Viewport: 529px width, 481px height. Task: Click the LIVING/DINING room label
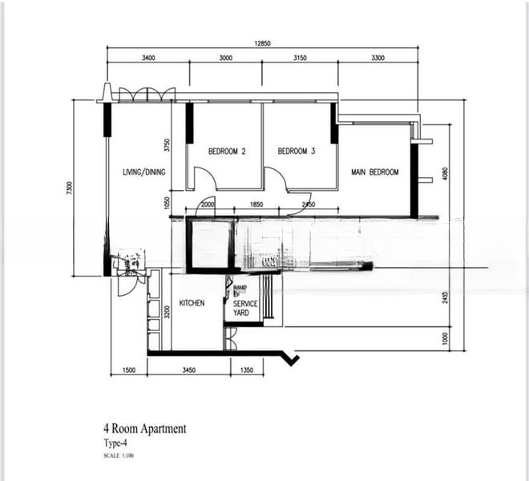(143, 172)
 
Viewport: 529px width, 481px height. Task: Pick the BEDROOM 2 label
(227, 151)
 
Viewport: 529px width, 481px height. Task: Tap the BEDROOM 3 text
(297, 151)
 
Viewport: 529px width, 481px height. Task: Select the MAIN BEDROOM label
(374, 172)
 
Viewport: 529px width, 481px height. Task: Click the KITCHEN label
(192, 303)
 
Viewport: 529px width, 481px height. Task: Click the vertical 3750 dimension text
(168, 145)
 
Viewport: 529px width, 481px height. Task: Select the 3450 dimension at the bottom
(189, 370)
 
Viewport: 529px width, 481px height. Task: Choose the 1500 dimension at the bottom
(128, 370)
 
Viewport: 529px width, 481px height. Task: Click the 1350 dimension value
(246, 370)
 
